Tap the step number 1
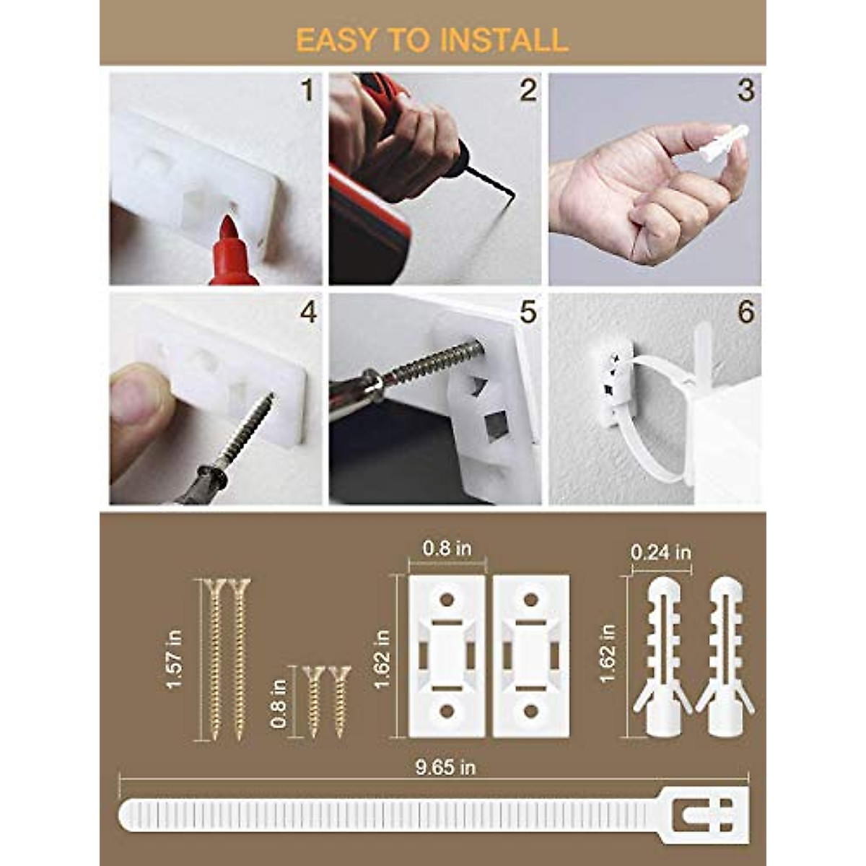[308, 92]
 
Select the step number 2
[528, 91]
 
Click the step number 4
[308, 312]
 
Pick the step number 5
[528, 312]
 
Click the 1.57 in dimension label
[174, 659]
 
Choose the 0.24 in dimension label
[660, 553]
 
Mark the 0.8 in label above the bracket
[447, 548]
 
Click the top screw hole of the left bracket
[447, 599]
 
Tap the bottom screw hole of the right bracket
[531, 712]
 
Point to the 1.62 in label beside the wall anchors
[608, 653]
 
